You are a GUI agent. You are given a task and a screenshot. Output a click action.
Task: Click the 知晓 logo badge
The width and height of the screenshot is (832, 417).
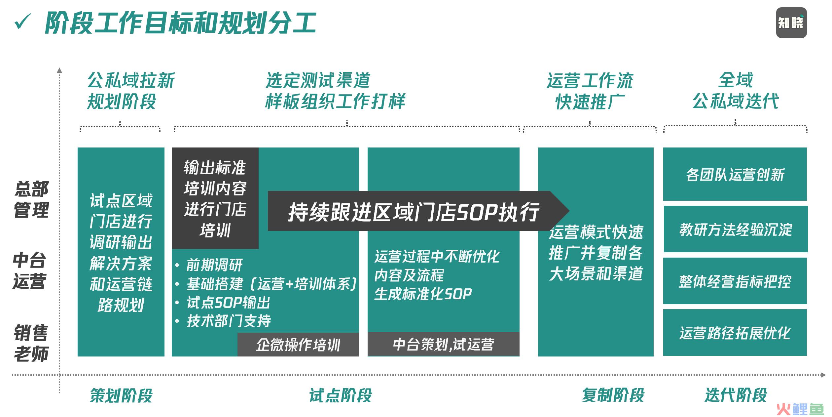pyautogui.click(x=791, y=22)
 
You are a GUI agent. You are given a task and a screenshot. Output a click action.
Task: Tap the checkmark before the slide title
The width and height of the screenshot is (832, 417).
pyautogui.click(x=23, y=22)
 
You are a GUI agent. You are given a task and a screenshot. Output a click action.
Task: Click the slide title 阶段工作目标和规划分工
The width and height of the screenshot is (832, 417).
pyautogui.click(x=181, y=23)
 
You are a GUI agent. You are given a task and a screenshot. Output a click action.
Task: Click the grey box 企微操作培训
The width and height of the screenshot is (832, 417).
pyautogui.click(x=298, y=345)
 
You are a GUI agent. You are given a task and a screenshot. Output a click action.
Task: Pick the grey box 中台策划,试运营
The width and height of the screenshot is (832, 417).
pyautogui.click(x=443, y=344)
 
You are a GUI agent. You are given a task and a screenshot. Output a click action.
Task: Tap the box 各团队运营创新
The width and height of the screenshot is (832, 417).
pyautogui.click(x=735, y=174)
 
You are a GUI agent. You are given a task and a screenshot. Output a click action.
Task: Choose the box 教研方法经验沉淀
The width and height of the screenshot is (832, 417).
pyautogui.click(x=736, y=229)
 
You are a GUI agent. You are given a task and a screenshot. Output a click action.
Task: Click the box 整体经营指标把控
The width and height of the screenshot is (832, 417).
pyautogui.click(x=735, y=281)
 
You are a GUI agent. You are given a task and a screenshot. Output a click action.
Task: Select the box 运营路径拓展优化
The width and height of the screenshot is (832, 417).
pyautogui.click(x=735, y=333)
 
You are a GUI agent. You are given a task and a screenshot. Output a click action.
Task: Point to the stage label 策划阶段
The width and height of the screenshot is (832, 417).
pyautogui.click(x=121, y=396)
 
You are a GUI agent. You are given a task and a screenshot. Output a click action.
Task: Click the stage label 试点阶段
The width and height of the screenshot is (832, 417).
pyautogui.click(x=340, y=396)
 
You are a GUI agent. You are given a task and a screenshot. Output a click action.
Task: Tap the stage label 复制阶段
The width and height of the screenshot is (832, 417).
pyautogui.click(x=613, y=395)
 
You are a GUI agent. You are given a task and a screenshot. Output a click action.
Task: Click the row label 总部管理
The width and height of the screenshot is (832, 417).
pyautogui.click(x=31, y=199)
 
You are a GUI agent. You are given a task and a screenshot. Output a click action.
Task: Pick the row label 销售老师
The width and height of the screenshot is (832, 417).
pyautogui.click(x=31, y=343)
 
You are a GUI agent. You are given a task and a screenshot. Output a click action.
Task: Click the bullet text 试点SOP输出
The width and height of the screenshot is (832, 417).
pyautogui.click(x=229, y=302)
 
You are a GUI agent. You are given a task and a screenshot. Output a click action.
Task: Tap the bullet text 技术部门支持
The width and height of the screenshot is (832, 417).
pyautogui.click(x=229, y=321)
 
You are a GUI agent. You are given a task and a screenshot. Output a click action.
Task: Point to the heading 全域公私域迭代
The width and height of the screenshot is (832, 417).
pyautogui.click(x=736, y=91)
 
